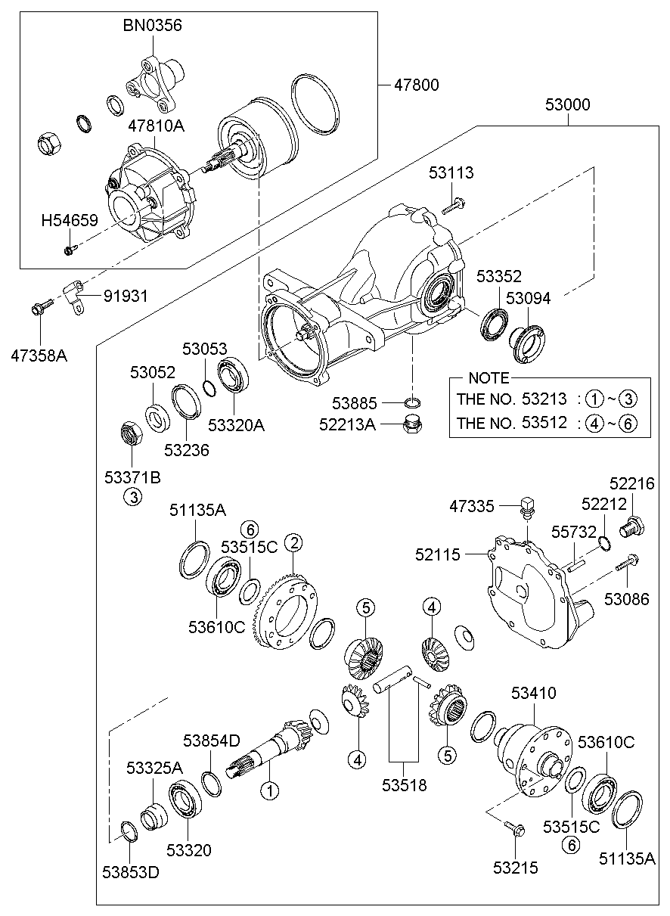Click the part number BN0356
click(x=153, y=26)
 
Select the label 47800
click(x=414, y=85)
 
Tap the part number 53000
click(x=567, y=104)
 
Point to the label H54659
click(x=70, y=220)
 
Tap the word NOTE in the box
click(x=489, y=377)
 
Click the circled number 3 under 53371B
click(x=132, y=498)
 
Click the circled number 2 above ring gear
click(x=293, y=543)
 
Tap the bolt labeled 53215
click(x=515, y=831)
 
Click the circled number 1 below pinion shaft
click(x=270, y=791)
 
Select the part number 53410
click(x=533, y=693)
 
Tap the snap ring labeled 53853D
click(x=129, y=831)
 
